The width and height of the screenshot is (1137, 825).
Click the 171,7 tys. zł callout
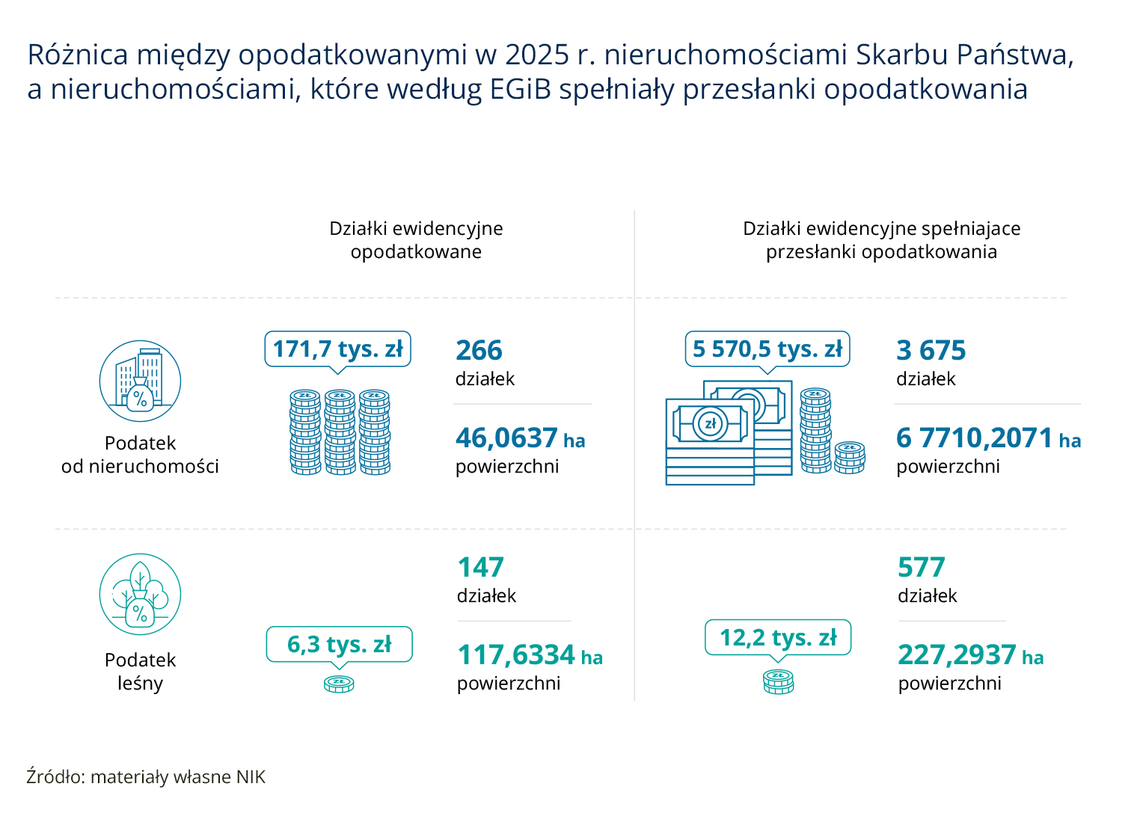(x=337, y=349)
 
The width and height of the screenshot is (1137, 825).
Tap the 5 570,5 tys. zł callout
(x=767, y=349)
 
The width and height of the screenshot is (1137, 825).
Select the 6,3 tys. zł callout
(x=339, y=644)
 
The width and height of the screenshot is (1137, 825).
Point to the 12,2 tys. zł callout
(x=778, y=638)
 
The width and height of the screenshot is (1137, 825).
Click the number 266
(x=479, y=350)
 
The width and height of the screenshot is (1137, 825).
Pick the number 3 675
(x=931, y=350)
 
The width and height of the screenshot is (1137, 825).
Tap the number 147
(x=480, y=567)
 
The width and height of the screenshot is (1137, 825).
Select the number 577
(x=922, y=567)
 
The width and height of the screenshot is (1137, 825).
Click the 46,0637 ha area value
(x=521, y=438)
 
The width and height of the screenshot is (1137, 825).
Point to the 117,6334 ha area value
(x=530, y=654)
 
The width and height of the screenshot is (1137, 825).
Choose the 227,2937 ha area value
(x=970, y=654)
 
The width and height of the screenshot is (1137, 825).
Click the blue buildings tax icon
(x=140, y=381)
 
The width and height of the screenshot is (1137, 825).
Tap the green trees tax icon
(x=140, y=594)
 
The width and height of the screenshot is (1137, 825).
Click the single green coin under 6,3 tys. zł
(x=339, y=684)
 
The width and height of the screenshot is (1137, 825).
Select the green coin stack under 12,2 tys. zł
(x=778, y=682)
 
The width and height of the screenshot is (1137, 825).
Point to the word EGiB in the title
(x=521, y=89)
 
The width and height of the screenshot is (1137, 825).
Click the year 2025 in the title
(x=537, y=55)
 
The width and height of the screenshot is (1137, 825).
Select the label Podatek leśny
(x=140, y=671)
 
